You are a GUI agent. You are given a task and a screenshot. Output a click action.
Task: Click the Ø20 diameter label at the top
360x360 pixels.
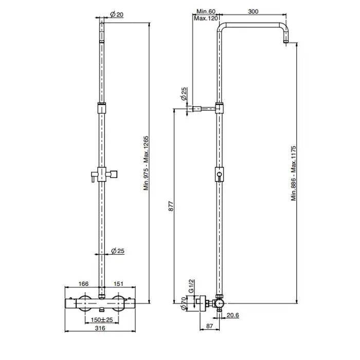[x=117, y=14]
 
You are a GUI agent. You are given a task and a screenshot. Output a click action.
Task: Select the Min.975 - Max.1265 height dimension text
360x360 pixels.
[x=146, y=163]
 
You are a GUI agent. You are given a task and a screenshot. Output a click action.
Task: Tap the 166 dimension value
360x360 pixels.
[x=83, y=284]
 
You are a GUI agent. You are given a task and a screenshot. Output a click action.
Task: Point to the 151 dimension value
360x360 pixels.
[x=118, y=284]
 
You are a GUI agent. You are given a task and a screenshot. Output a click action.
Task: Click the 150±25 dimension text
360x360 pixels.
[x=102, y=319]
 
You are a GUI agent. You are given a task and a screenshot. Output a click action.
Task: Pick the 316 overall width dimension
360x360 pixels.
[x=100, y=328]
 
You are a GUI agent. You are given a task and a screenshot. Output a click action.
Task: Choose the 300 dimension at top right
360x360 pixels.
[x=253, y=11]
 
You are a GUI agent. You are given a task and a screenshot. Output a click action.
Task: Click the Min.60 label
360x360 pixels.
[x=206, y=11]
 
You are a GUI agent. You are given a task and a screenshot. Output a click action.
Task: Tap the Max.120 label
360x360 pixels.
[x=206, y=18]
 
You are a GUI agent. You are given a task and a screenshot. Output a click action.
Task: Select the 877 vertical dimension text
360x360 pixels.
[x=171, y=206]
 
